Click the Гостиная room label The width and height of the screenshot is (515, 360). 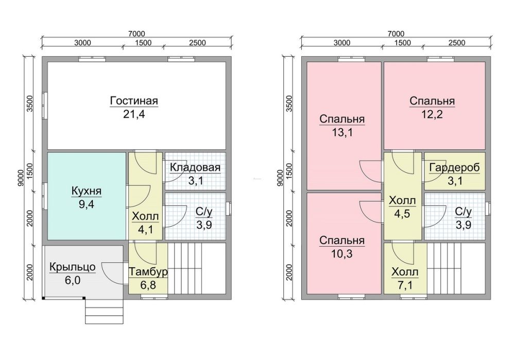click(x=134, y=100)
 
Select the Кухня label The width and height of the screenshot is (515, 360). click(x=87, y=191)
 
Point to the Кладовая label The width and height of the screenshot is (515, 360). click(x=195, y=167)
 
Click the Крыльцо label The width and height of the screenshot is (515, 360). click(x=73, y=267)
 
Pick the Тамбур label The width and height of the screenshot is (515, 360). click(x=148, y=272)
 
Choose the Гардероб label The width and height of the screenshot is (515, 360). click(x=455, y=167)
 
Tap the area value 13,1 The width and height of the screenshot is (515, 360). click(x=342, y=132)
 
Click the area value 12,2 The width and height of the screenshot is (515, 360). click(x=432, y=114)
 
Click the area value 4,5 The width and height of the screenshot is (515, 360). click(x=402, y=214)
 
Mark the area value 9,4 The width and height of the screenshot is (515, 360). click(x=87, y=204)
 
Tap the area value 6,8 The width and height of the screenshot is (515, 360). click(x=148, y=285)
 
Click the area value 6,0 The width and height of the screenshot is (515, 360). click(x=73, y=281)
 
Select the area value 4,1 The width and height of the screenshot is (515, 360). click(x=146, y=229)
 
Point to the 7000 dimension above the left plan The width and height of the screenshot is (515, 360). click(x=136, y=34)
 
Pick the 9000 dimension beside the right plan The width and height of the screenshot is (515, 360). click(x=280, y=178)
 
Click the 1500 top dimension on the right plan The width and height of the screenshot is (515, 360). click(x=403, y=43)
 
